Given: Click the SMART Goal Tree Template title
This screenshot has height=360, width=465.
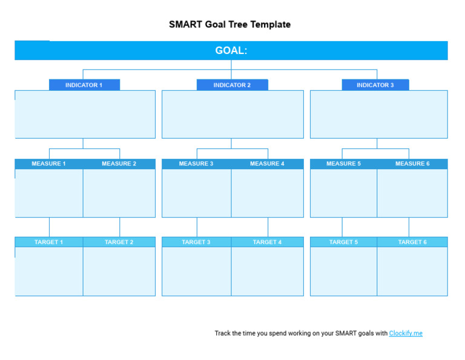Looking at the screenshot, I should pos(230,25).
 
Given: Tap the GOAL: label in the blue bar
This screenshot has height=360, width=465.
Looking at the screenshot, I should pos(231,51).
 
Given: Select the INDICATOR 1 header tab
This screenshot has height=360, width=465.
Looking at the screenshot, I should pos(84,85).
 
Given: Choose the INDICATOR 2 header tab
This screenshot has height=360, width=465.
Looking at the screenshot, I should pos(232,85).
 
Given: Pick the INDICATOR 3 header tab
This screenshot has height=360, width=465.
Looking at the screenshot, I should pos(375,85).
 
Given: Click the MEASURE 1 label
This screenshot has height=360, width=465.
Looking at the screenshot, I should pos(49,164).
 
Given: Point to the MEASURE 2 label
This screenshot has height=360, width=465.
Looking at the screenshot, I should pos(119,164).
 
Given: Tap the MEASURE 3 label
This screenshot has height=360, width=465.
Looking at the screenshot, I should pos(196,164).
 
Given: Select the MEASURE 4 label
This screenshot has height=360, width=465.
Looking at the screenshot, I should pos(267,164).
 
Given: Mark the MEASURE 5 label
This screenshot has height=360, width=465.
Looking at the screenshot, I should pos(343,164).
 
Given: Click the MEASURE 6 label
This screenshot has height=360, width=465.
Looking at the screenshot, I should pos(412,164).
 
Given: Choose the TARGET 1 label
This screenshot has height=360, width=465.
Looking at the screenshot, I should pos(48,242).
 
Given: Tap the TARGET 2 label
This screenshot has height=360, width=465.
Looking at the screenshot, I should pos(119,242).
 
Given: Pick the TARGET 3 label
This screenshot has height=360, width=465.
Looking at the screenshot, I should pos(196,242).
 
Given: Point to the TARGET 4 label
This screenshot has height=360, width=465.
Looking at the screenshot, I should pos(267,242).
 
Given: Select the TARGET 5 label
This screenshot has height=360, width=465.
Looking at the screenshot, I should pos(343,242).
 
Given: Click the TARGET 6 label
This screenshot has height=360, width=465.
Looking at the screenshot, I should pos(412,242).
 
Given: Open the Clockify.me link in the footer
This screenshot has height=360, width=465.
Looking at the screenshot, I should pos(406,333).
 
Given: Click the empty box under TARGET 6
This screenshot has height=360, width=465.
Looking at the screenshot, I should pos(412,271).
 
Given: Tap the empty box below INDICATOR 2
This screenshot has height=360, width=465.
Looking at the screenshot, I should pos(232,115).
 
